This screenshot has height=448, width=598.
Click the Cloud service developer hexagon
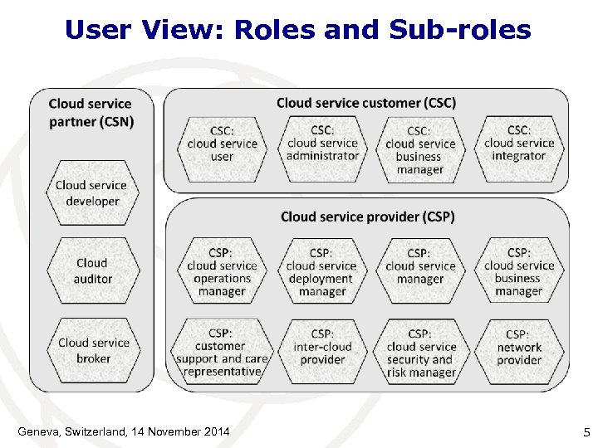[92, 193]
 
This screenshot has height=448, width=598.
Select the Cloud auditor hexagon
[92, 271]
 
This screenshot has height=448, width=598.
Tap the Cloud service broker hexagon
[93, 350]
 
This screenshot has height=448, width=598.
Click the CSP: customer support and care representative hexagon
[221, 352]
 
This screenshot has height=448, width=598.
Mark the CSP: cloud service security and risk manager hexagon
[419, 352]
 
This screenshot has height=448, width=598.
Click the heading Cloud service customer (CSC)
[365, 103]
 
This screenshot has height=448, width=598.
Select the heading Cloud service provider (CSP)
[367, 217]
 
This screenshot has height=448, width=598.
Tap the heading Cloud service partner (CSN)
[91, 112]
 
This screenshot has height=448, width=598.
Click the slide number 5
[586, 431]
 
